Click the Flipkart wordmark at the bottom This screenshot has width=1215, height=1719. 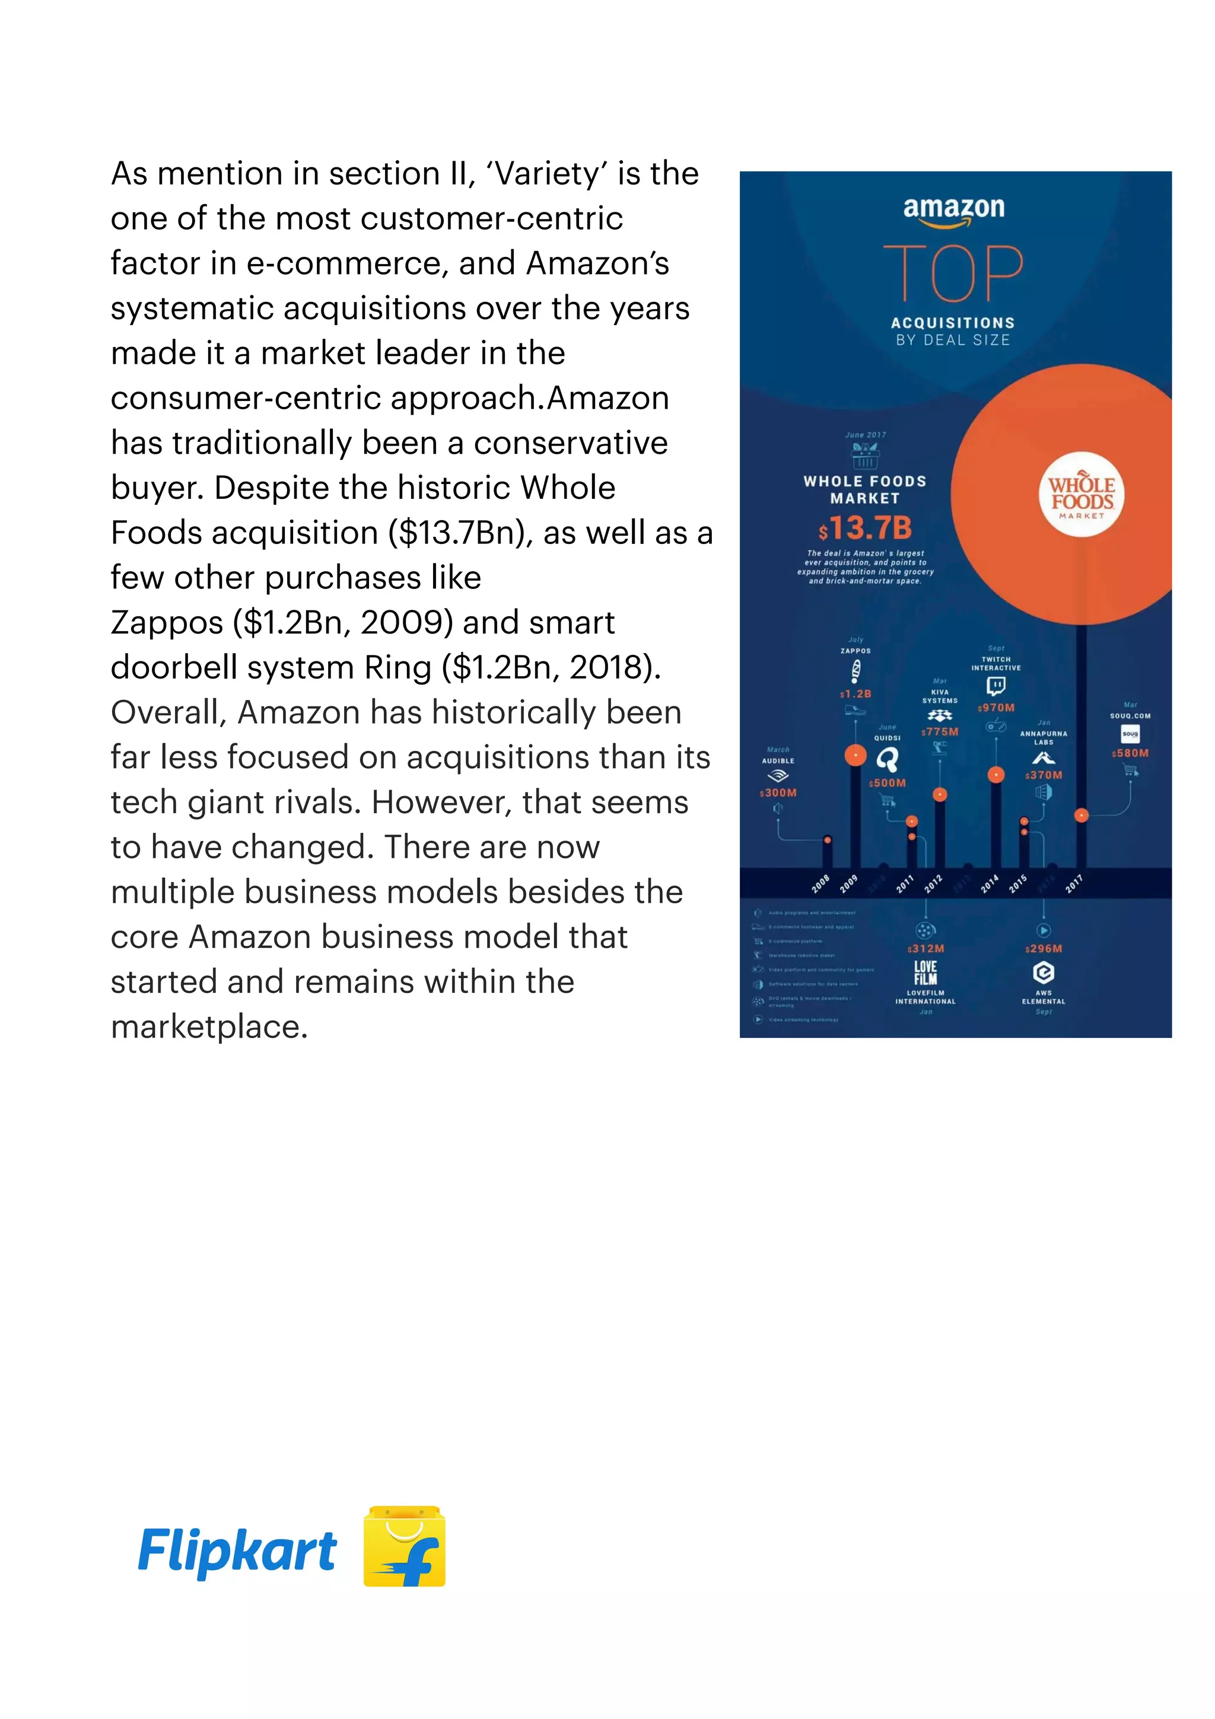point(237,1551)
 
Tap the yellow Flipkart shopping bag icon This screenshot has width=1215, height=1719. point(404,1547)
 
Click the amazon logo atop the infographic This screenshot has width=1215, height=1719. point(954,209)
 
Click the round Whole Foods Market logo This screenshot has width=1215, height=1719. point(1082,494)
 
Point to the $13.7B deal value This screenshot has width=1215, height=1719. point(866,528)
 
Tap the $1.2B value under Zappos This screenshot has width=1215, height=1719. point(855,694)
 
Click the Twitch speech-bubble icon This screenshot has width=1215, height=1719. point(995,686)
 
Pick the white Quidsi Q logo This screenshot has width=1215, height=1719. point(887,760)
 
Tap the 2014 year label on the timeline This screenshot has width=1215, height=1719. point(990,884)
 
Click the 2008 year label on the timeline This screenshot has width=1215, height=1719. point(820,884)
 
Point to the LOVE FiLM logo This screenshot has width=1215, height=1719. point(925,973)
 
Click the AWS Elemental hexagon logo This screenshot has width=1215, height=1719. point(1044,973)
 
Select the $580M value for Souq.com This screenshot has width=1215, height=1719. point(1130,753)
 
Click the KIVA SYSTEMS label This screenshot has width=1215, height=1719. point(940,696)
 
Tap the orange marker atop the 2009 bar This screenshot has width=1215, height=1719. point(855,756)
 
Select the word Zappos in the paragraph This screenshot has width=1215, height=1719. point(167,623)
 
